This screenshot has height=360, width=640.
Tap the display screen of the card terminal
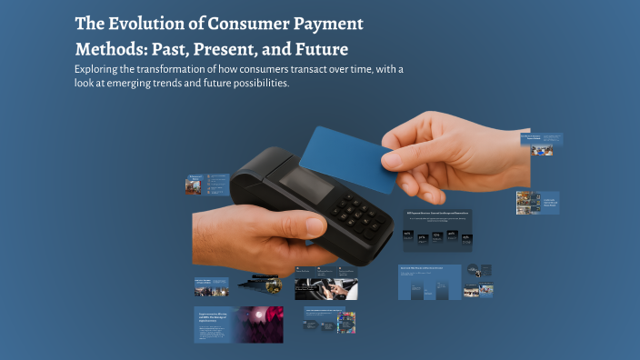(x=305, y=186)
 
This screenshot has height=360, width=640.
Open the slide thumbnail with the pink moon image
(x=239, y=325)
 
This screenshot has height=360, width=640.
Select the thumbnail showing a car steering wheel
(x=325, y=287)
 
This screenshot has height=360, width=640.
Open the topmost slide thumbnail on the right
(x=542, y=144)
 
